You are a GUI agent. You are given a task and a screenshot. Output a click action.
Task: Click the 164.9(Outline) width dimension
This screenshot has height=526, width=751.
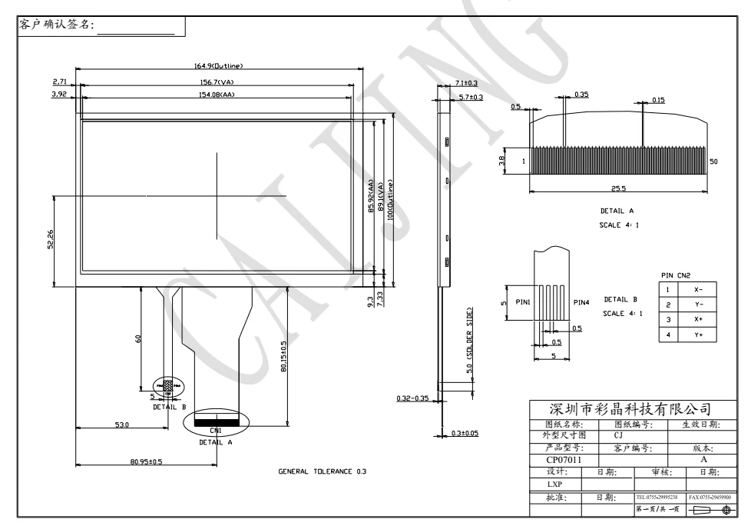point(218,66)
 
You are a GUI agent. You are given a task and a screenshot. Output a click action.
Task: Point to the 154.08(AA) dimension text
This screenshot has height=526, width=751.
point(218,95)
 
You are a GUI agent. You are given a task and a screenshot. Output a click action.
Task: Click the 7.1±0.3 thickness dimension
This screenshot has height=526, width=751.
point(466,82)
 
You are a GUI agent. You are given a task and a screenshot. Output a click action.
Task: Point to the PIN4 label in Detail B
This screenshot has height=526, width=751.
point(581,302)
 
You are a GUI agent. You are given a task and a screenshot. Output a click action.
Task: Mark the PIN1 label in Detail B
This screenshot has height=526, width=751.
point(523,302)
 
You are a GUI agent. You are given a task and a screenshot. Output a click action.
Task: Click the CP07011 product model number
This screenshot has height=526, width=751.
point(564,460)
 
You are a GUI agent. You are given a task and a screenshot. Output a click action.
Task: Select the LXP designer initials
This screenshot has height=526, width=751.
point(554,485)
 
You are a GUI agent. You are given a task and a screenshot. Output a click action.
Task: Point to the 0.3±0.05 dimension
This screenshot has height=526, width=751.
point(465,433)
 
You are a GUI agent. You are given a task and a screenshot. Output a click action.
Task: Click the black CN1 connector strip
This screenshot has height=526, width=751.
point(217,422)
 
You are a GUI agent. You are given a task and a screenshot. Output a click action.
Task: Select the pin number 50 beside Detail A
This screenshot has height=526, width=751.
point(714,161)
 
